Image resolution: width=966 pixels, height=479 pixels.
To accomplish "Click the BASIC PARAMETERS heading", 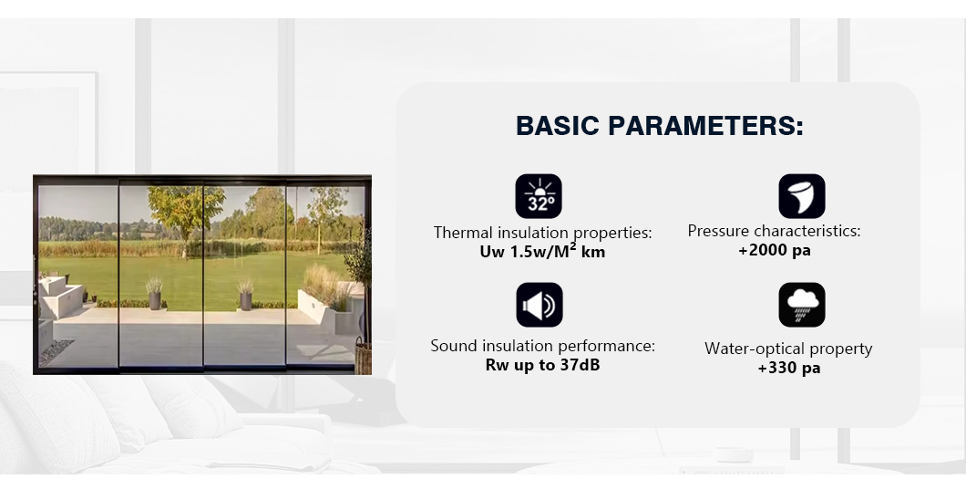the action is click(x=659, y=126).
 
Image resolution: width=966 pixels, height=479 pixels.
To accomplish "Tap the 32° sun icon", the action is click(x=539, y=196).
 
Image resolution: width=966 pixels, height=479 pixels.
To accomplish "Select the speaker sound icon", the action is click(x=540, y=305).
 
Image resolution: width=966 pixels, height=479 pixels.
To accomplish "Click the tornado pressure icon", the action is click(x=802, y=196).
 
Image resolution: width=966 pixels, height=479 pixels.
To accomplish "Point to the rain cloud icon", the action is click(x=802, y=305).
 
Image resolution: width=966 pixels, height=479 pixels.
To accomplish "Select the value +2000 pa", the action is click(x=775, y=250).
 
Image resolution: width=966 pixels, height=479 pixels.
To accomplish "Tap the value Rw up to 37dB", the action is click(x=542, y=365).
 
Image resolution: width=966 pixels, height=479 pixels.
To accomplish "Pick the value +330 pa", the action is click(x=788, y=368).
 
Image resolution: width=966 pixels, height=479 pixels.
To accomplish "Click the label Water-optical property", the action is click(x=788, y=349).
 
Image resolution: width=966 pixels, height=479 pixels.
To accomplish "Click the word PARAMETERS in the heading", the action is click(x=706, y=126).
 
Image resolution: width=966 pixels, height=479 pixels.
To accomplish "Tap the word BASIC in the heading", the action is click(x=558, y=126).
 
